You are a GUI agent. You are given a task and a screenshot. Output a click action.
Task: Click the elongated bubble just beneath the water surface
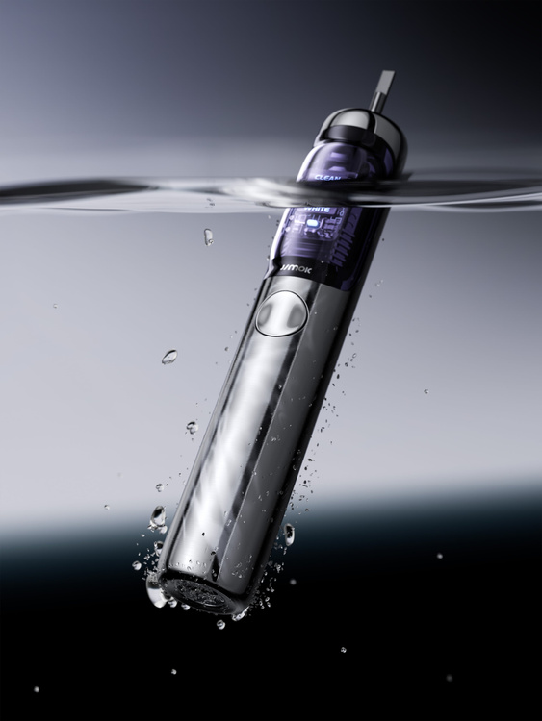click(208, 236)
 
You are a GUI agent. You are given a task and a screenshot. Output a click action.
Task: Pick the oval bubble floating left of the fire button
click(169, 357)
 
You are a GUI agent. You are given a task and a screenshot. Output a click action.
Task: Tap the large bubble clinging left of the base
click(157, 516)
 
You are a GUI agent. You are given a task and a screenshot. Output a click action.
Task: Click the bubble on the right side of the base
click(288, 534)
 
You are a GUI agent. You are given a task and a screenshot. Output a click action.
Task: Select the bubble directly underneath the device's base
click(220, 624)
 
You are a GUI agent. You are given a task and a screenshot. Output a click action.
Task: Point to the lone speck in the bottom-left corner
click(37, 688)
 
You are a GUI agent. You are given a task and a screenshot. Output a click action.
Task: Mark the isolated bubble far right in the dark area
click(439, 555)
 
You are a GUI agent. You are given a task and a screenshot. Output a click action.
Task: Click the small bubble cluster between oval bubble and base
click(191, 427)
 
